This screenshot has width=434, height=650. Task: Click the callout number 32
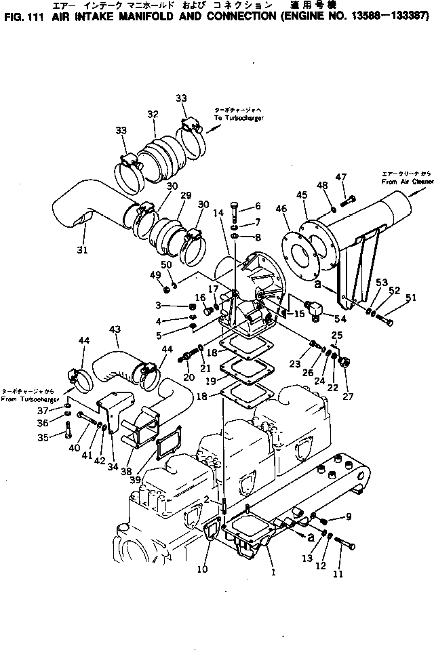pos(152,114)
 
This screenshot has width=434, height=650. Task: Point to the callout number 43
pos(115,330)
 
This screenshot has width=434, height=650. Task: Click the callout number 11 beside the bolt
pos(338,573)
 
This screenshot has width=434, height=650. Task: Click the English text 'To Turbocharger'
pos(239,117)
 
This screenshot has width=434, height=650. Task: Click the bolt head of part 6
pos(235,204)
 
